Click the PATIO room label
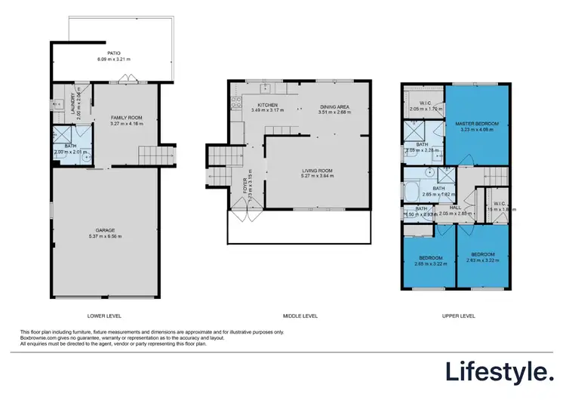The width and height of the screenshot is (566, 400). pyautogui.click(x=114, y=54)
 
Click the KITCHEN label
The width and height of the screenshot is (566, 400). pyautogui.click(x=268, y=105)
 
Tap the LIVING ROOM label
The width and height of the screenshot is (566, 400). pyautogui.click(x=317, y=171)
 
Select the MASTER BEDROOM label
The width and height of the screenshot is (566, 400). pyautogui.click(x=474, y=123)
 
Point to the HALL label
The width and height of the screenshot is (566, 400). pyautogui.click(x=456, y=208)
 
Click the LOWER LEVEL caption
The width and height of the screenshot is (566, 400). pyautogui.click(x=105, y=315)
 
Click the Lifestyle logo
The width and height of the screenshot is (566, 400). pyautogui.click(x=498, y=371)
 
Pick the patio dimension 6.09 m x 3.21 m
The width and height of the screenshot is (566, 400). pyautogui.click(x=114, y=59)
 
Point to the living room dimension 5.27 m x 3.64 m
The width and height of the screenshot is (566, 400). pyautogui.click(x=317, y=177)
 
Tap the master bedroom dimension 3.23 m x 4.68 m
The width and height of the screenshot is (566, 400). pyautogui.click(x=474, y=129)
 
